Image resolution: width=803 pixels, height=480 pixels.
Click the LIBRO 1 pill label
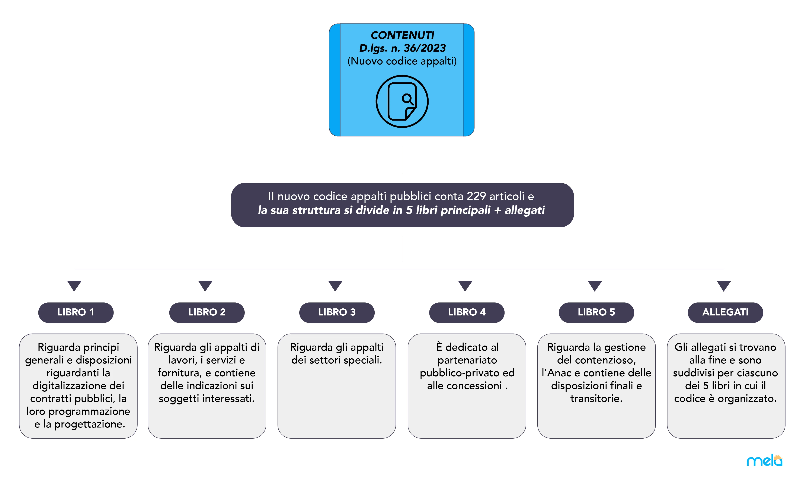(x=76, y=312)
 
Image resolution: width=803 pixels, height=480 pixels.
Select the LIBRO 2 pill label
(x=207, y=312)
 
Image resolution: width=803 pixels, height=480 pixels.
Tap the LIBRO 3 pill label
(x=337, y=312)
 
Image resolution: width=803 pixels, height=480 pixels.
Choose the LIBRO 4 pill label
(x=467, y=312)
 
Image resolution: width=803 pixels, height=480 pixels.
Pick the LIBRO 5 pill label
(x=596, y=312)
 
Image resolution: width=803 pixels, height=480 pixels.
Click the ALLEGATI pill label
(x=725, y=312)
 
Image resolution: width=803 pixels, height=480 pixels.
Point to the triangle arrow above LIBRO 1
(x=74, y=286)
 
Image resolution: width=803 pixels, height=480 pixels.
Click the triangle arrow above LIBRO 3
(x=335, y=286)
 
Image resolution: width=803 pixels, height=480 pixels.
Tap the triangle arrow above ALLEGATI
(x=724, y=286)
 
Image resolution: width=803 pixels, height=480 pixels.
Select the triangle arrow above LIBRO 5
(x=595, y=286)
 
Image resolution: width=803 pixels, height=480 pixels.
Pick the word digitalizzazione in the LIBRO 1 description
(x=78, y=385)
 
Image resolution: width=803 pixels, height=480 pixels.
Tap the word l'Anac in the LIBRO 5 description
(x=556, y=373)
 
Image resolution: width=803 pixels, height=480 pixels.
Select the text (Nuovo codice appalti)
(x=402, y=61)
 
